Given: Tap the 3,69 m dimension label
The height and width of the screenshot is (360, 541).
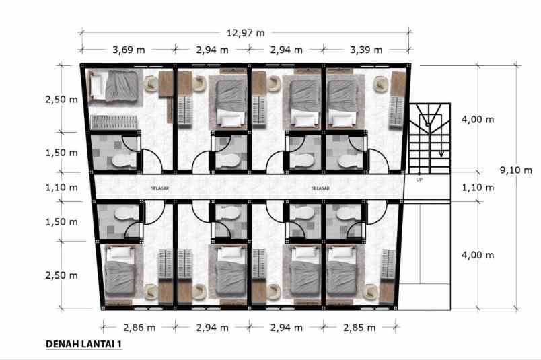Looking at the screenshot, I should pyautogui.click(x=129, y=50).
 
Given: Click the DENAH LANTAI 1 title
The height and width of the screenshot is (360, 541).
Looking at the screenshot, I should pyautogui.click(x=84, y=345).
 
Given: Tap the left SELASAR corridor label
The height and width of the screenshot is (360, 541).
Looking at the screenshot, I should pyautogui.click(x=160, y=189).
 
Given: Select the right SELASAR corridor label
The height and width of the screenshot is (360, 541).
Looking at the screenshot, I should pyautogui.click(x=320, y=189).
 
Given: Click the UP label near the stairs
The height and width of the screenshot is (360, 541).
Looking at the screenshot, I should pyautogui.click(x=420, y=179).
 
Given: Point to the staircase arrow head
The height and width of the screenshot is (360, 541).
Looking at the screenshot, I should pyautogui.click(x=441, y=153).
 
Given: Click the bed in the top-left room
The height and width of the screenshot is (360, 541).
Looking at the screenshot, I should pyautogui.click(x=114, y=85).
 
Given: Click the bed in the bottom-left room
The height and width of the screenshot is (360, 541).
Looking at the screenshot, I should pyautogui.click(x=121, y=272).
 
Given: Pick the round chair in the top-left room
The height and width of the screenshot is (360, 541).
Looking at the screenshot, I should pyautogui.click(x=151, y=82).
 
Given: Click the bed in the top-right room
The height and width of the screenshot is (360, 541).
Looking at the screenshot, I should pyautogui.click(x=343, y=101).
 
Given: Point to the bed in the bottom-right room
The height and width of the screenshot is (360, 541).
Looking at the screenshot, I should pyautogui.click(x=343, y=272).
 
